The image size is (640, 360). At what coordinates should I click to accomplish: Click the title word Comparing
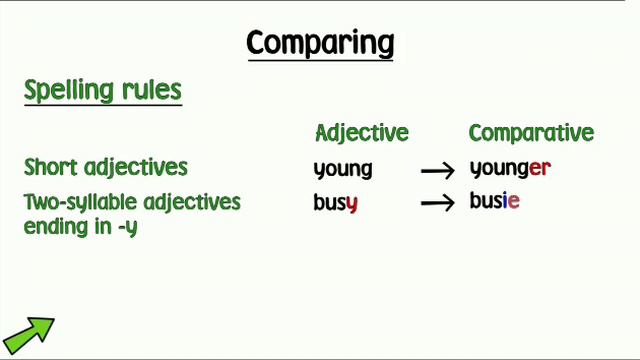[x=320, y=43]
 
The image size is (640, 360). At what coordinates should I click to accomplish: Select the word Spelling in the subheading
[x=66, y=91]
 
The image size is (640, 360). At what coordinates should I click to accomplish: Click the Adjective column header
[x=361, y=133]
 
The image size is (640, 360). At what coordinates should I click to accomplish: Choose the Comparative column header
[x=531, y=133]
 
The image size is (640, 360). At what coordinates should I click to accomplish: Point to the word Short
[x=51, y=166]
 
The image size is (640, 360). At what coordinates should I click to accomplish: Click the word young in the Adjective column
[x=343, y=169]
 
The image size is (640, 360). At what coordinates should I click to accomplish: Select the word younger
[x=510, y=169]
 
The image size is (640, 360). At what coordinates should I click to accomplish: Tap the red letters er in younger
[x=540, y=169]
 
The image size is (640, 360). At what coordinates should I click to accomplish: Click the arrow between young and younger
[x=438, y=171]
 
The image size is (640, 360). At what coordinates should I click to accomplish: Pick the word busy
[x=335, y=203]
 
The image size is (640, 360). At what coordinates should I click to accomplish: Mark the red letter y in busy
[x=351, y=205]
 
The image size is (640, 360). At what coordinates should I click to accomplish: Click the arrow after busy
[x=438, y=203]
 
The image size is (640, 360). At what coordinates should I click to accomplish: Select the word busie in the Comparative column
[x=495, y=200]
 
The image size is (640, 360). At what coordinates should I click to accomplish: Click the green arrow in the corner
[x=28, y=332]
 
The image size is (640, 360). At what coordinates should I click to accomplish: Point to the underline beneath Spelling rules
[x=103, y=106]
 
